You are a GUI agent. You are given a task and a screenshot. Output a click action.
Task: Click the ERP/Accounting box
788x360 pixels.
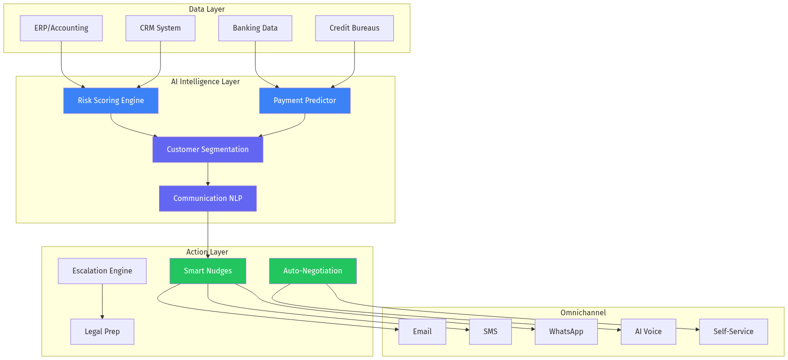(61, 28)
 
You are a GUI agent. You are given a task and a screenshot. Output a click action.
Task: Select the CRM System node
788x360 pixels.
(160, 28)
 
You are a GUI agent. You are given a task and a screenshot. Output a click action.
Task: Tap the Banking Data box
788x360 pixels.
(255, 28)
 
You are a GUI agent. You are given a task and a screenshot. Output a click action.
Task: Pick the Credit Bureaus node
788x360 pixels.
(354, 28)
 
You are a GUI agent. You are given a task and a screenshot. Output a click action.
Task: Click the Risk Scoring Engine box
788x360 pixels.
(111, 101)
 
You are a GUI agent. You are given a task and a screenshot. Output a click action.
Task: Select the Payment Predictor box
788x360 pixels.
(305, 101)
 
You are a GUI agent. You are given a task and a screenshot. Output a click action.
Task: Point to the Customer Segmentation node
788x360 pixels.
(208, 150)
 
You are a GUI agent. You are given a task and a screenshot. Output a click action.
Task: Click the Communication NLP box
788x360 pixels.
(208, 199)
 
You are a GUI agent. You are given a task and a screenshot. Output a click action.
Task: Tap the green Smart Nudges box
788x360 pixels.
(208, 271)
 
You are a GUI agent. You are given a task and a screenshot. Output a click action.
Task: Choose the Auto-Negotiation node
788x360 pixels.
(313, 271)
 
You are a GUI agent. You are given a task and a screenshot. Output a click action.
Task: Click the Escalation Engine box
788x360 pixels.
(102, 271)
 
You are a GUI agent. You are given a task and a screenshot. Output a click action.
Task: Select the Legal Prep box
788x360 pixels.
(102, 332)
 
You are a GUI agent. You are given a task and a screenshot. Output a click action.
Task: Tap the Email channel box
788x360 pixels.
(422, 332)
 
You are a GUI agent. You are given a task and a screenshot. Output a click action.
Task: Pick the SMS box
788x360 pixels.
(490, 332)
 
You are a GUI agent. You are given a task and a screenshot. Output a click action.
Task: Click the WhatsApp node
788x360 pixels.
(566, 332)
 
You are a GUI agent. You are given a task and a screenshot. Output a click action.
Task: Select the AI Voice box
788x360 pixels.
(648, 332)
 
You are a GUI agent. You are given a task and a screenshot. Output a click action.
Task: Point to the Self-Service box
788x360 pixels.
(733, 332)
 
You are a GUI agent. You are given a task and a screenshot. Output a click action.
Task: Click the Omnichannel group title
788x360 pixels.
(583, 313)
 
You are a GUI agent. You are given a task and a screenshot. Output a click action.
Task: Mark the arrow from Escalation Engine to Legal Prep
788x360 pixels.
(102, 301)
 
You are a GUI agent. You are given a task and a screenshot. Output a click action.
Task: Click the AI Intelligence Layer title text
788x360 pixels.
(205, 82)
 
